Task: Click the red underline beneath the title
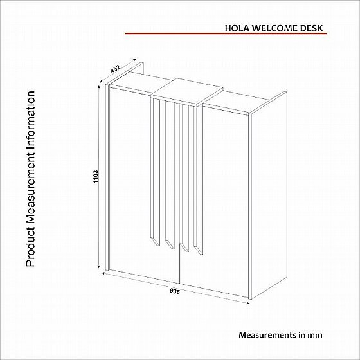coord(226,33)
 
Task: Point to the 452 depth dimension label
coord(115,69)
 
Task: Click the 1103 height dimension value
coord(96,176)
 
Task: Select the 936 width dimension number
coord(175,291)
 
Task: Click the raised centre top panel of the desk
coord(187,92)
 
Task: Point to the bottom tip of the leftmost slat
coord(159,247)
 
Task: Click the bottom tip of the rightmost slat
coord(203,255)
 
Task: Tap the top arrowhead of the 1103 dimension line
coord(99,86)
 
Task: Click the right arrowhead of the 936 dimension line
coord(248,303)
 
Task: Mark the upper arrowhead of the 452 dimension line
coord(134,60)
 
